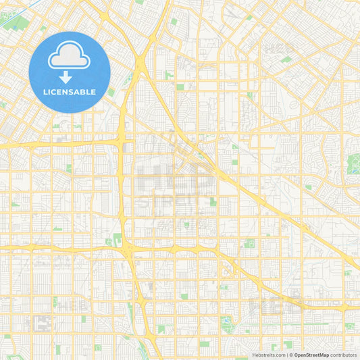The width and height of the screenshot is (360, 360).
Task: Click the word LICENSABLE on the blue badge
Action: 70,91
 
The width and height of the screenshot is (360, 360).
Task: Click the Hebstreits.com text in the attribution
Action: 269,355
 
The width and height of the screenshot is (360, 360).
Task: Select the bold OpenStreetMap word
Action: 311,355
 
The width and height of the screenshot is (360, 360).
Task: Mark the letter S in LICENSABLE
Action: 74,91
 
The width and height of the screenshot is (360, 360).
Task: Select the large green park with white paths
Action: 353,163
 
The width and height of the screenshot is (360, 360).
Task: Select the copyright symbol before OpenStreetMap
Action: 290,355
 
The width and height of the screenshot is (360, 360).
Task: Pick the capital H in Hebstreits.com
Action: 255,355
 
